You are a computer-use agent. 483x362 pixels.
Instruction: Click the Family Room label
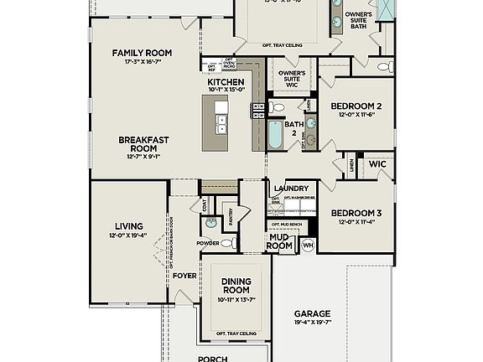pos(142,53)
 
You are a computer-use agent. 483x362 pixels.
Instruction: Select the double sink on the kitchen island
pos(221,125)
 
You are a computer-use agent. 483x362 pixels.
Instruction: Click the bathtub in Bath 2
pos(276,134)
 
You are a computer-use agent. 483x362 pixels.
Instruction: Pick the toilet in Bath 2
pos(279,107)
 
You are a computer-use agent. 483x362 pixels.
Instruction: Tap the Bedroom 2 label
pos(356,106)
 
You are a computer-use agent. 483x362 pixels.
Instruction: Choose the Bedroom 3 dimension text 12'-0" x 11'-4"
pos(356,222)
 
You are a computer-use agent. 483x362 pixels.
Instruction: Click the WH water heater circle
pos(308,245)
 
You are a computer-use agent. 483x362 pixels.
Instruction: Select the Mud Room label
pos(280,241)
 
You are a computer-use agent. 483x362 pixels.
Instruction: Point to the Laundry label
pos(290,189)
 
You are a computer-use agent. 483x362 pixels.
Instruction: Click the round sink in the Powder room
pos(210,224)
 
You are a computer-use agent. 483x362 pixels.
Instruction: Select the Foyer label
pos(184,275)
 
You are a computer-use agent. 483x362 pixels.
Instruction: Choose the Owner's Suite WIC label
pos(291,78)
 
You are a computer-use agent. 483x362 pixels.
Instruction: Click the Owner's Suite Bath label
pos(359,21)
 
